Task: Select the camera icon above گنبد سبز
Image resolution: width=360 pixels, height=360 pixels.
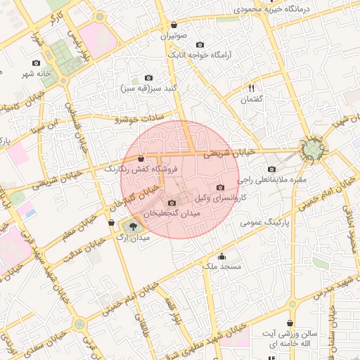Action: pos(148,77)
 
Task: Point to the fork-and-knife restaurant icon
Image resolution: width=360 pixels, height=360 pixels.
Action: pos(250,88)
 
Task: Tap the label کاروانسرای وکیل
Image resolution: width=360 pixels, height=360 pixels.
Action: pos(208,199)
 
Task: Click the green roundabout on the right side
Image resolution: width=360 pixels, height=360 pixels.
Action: pos(313,149)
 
